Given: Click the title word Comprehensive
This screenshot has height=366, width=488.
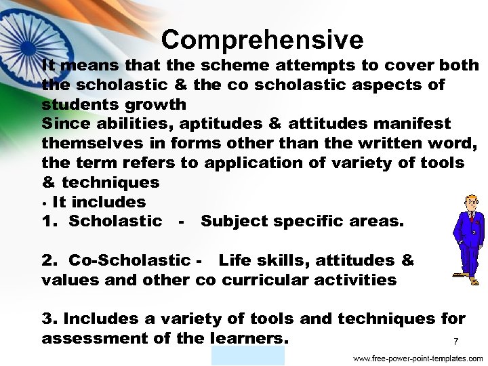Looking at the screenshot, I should coord(262,40).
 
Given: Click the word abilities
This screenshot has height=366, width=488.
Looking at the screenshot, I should coord(136,124).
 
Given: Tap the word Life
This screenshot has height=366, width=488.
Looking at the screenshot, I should coord(235,260).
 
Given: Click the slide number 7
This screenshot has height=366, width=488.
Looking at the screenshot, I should coord(455,341).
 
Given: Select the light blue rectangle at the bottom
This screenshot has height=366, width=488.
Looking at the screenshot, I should coord(248,356).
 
